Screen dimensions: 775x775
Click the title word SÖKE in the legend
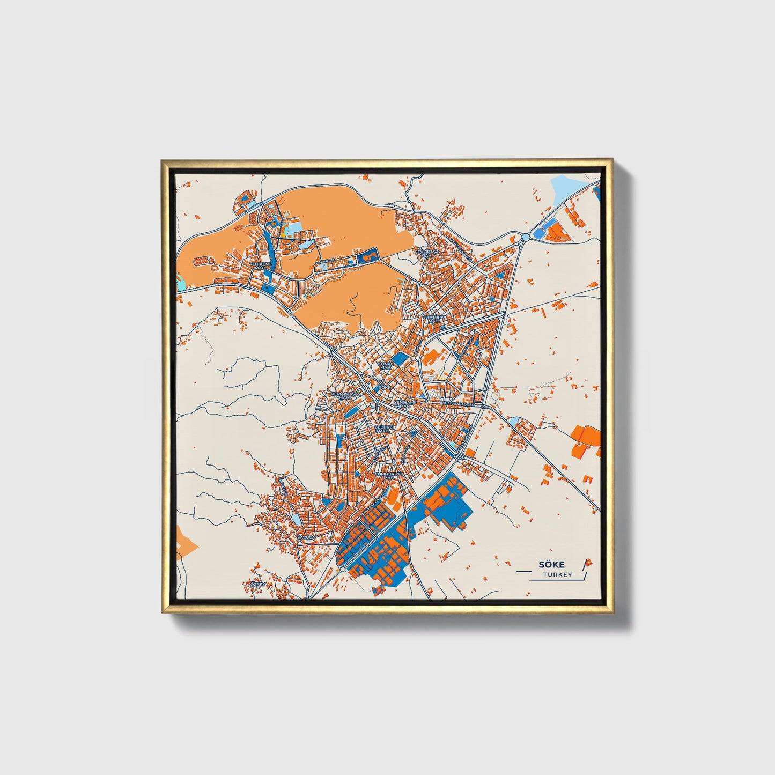(548, 564)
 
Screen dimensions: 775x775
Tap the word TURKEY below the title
(557, 575)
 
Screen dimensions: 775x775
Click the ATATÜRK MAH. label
(434, 319)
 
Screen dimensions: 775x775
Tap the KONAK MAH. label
(386, 365)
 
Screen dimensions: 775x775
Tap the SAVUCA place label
(304, 537)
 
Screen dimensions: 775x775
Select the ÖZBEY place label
(257, 584)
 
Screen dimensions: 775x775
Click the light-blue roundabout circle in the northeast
(526, 237)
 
